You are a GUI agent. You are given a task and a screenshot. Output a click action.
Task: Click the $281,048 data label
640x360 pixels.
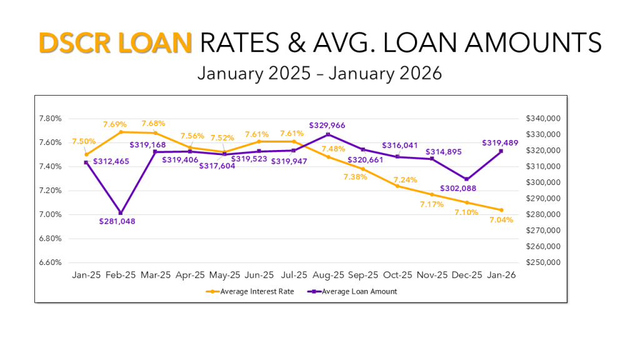(117, 221)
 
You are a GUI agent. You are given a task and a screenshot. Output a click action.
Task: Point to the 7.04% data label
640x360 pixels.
(501, 219)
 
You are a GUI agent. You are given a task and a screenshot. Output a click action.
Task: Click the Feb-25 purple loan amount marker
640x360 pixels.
(121, 213)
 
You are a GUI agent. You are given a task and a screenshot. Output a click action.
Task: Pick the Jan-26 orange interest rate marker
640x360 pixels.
(501, 210)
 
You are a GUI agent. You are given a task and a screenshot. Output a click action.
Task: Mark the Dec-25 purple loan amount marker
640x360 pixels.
(466, 179)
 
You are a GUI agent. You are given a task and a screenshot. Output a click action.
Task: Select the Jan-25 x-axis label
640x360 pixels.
(86, 274)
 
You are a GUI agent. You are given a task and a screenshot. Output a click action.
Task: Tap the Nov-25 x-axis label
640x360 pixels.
(432, 274)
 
